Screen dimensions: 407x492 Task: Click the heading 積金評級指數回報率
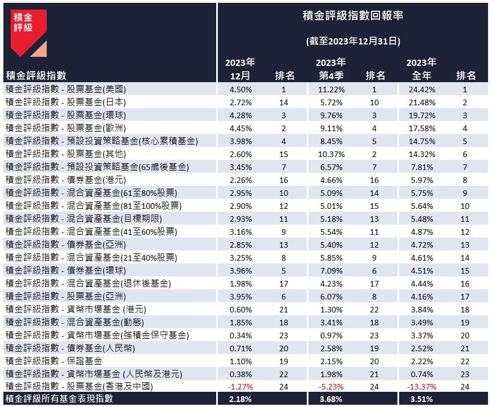(352, 15)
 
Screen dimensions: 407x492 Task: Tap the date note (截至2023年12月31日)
(352, 41)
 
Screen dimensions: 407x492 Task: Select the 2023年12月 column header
(240, 69)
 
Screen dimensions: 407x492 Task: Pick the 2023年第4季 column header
(330, 69)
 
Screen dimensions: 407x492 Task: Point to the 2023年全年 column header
(421, 69)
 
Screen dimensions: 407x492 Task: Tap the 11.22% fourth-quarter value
(330, 88)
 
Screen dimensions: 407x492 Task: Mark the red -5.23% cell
(329, 387)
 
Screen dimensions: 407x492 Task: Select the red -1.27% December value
(240, 387)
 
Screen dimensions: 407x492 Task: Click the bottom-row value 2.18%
(240, 399)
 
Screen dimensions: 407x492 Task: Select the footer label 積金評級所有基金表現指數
(59, 399)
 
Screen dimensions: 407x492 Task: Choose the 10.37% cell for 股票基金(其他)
(330, 154)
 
